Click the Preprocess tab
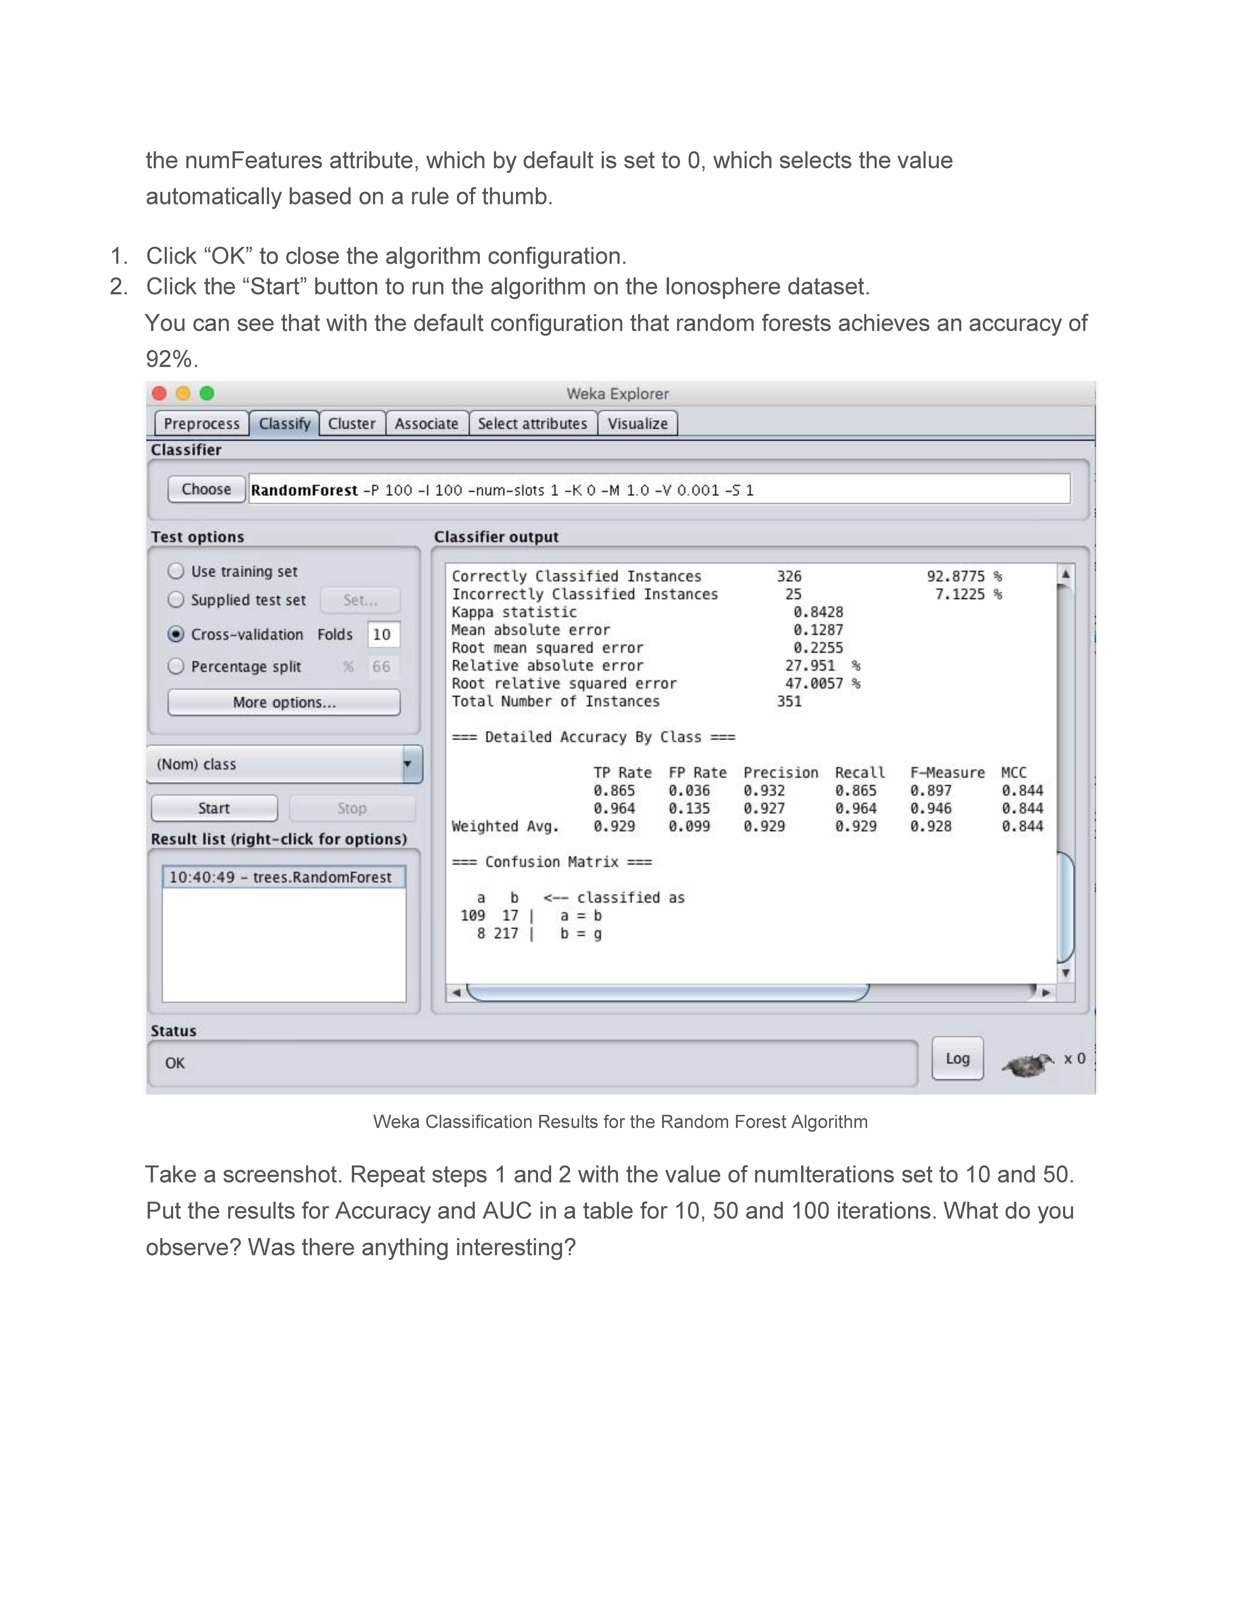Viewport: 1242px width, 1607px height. click(201, 424)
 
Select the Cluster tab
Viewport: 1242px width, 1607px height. click(352, 424)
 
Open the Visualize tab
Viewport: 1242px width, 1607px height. click(637, 424)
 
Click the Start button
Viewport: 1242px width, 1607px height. click(214, 808)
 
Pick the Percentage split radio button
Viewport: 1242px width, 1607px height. click(176, 667)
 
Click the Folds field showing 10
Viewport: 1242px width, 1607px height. click(383, 634)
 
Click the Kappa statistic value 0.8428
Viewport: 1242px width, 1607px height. click(818, 612)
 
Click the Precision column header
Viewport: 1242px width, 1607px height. click(781, 773)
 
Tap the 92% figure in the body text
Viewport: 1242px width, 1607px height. click(169, 359)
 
